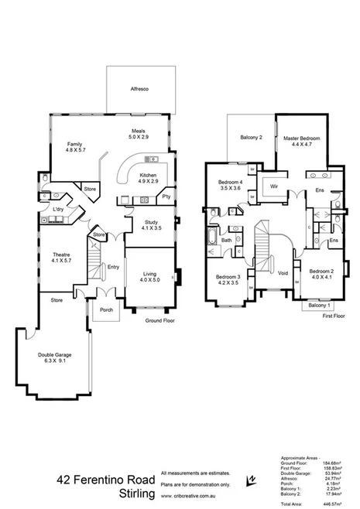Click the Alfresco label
click(139, 90)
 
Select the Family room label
click(74, 145)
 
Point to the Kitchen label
click(149, 176)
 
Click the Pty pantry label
click(166, 196)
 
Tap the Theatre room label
click(61, 255)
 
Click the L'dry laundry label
click(58, 210)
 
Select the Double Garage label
click(57, 356)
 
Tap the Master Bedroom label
click(301, 137)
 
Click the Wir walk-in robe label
click(273, 186)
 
